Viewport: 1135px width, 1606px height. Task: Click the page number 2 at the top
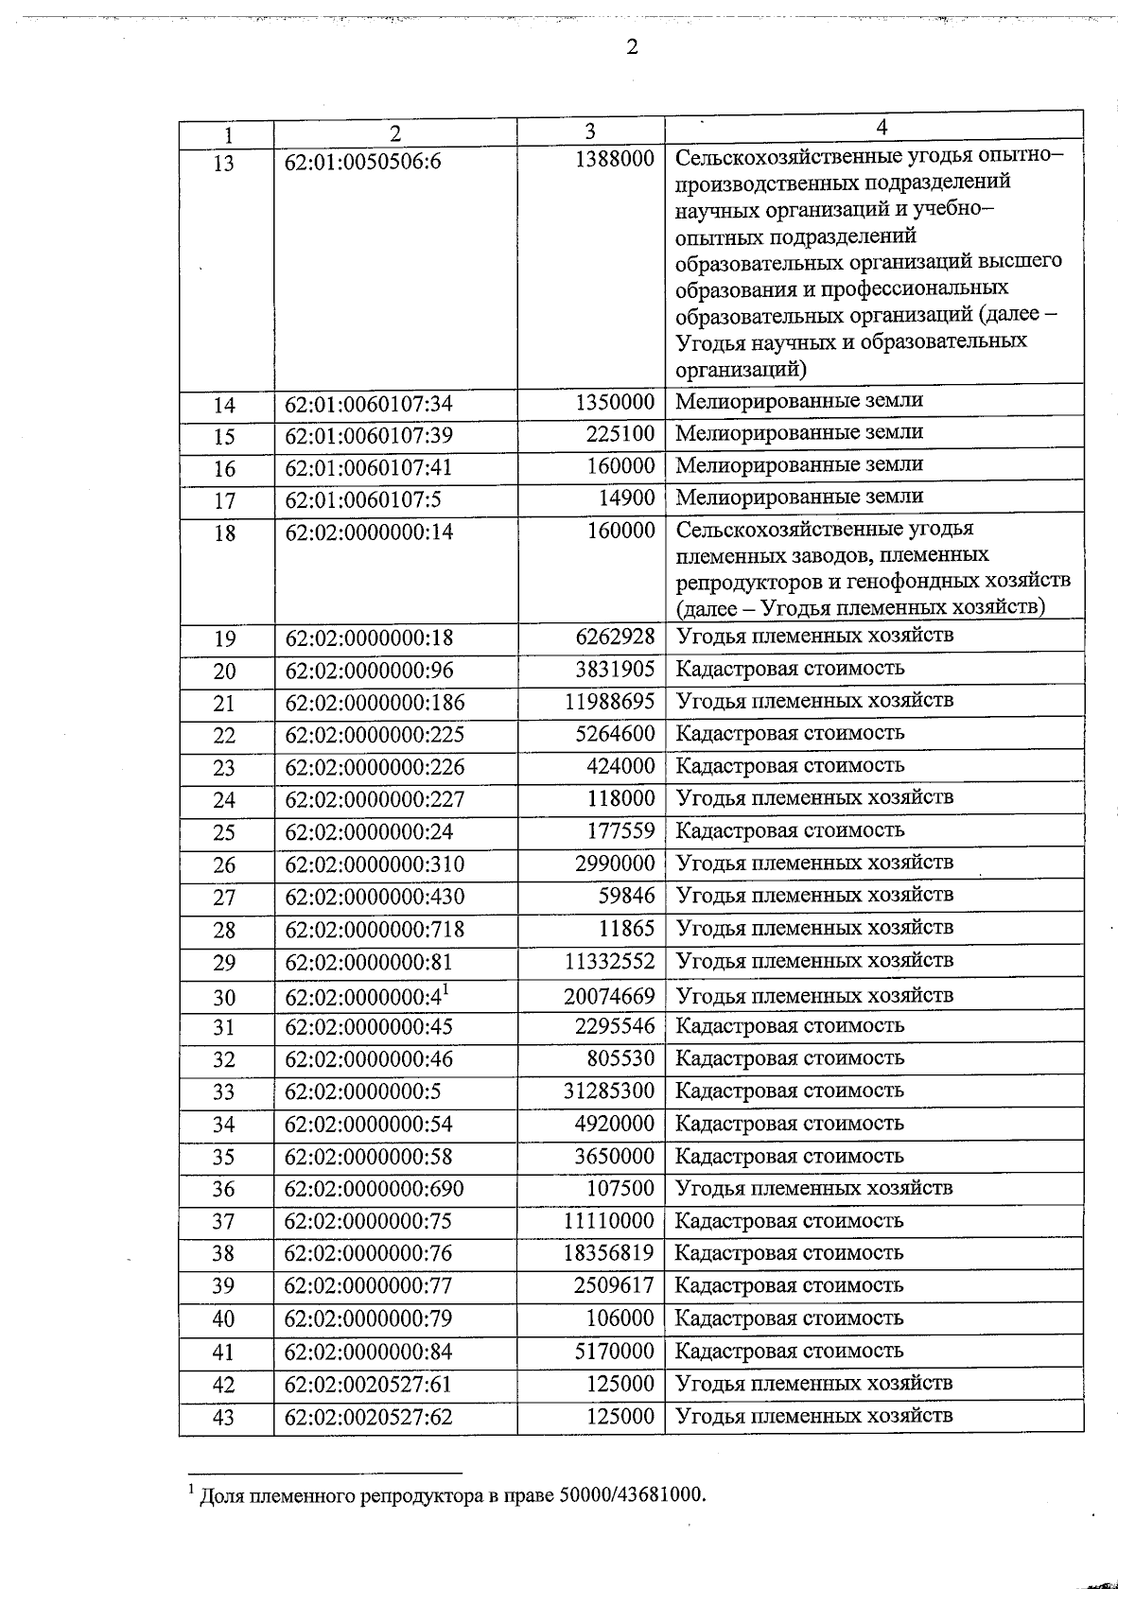pyautogui.click(x=632, y=47)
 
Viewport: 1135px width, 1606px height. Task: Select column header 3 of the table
pyautogui.click(x=590, y=131)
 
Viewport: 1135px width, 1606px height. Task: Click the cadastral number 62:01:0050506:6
pyautogui.click(x=363, y=163)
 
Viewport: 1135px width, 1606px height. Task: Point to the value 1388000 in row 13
pyautogui.click(x=615, y=160)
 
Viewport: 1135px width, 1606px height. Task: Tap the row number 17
pyautogui.click(x=224, y=501)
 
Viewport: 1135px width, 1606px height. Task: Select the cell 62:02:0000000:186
pyautogui.click(x=375, y=703)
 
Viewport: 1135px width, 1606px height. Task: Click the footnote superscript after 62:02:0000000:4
pyautogui.click(x=446, y=989)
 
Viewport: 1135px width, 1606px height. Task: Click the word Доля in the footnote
pyautogui.click(x=219, y=1496)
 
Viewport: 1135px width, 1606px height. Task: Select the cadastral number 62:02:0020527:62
pyautogui.click(x=369, y=1417)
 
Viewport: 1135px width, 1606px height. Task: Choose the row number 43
pyautogui.click(x=224, y=1418)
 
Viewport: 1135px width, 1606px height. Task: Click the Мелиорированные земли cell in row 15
pyautogui.click(x=799, y=432)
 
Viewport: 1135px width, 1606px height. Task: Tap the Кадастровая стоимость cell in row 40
pyautogui.click(x=790, y=1318)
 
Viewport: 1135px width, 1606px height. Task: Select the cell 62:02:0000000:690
pyautogui.click(x=375, y=1189)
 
